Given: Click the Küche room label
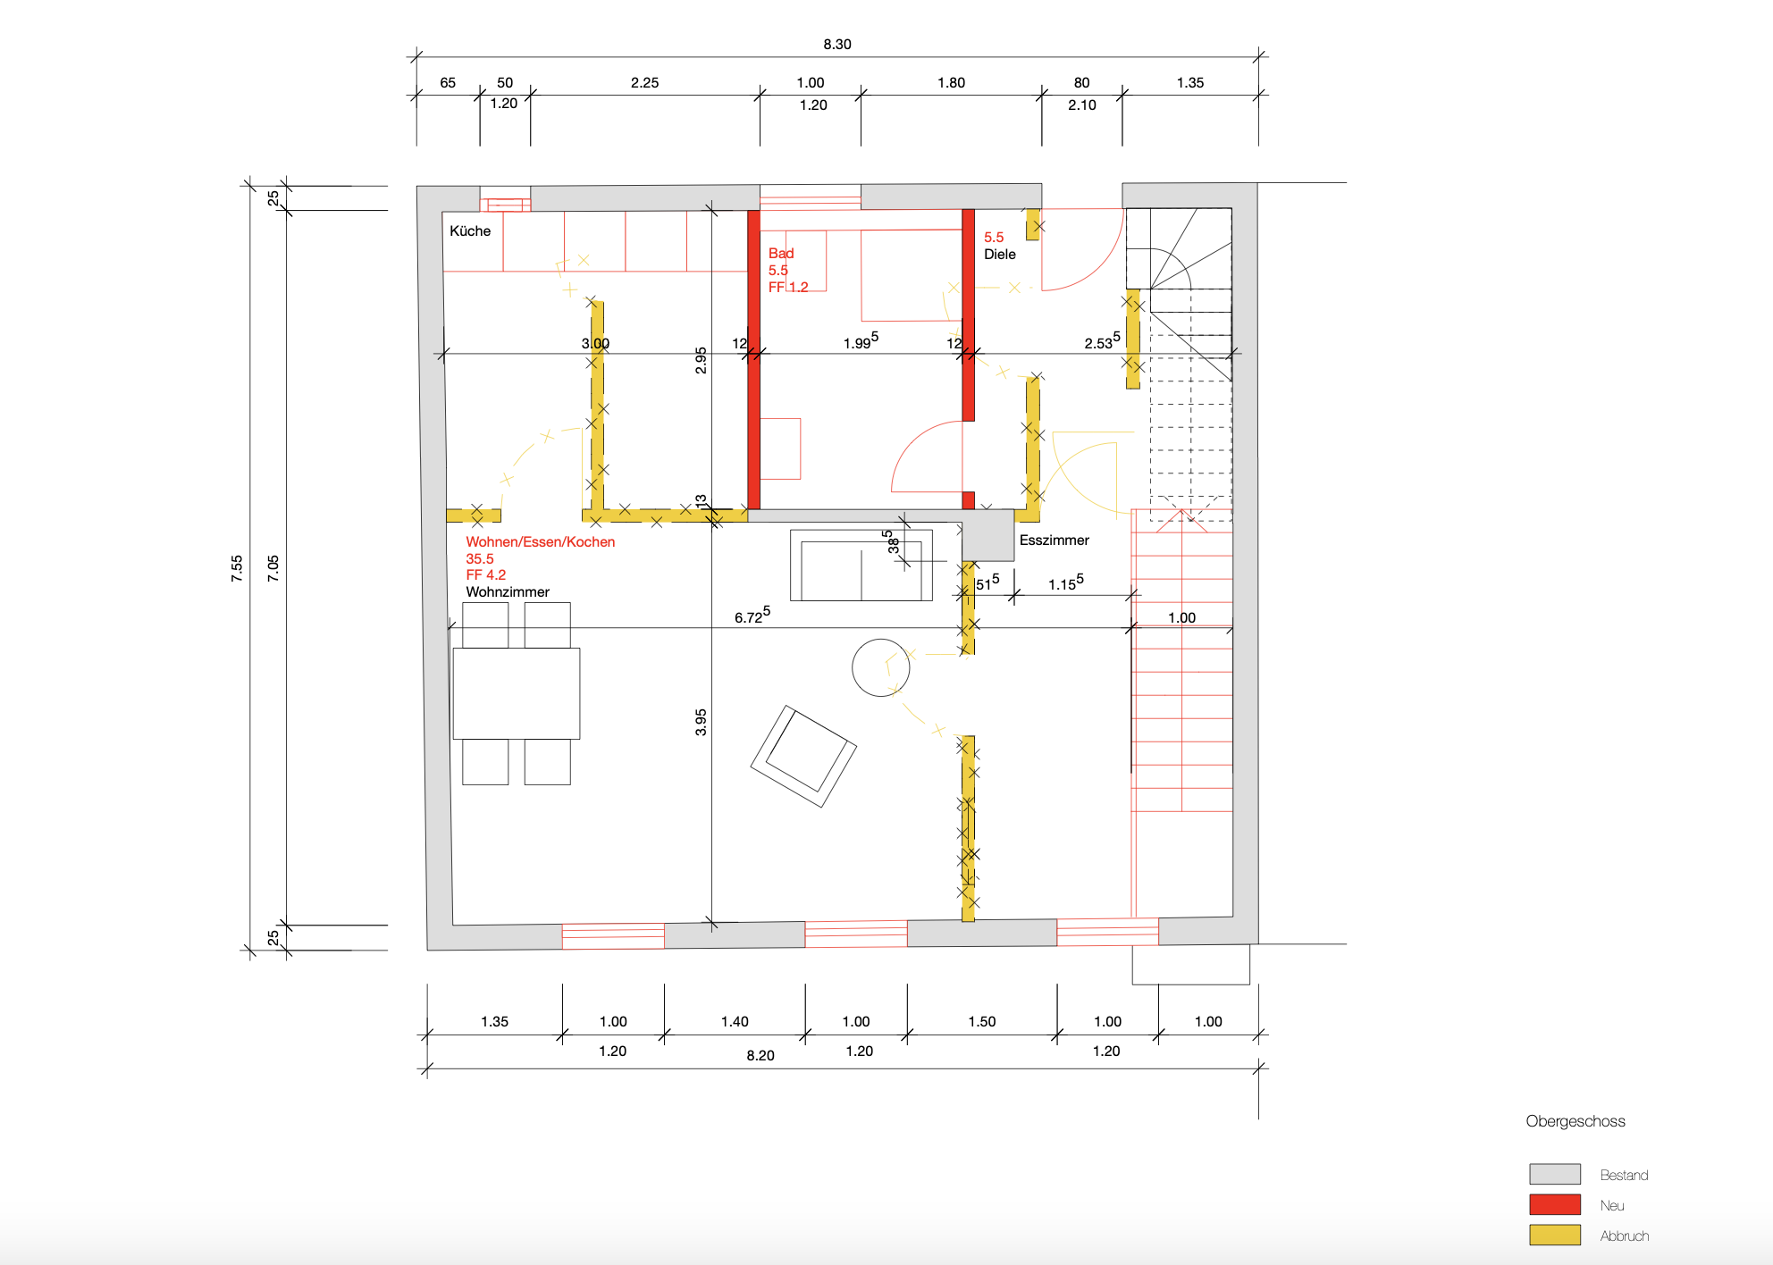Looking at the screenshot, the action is [x=470, y=230].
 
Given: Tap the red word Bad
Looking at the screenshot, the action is [x=781, y=253].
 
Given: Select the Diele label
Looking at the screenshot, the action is [x=1000, y=254].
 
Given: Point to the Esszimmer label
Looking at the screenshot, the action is [x=1055, y=540].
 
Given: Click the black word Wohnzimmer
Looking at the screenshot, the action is [x=508, y=591].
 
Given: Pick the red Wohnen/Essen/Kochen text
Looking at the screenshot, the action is [x=541, y=541].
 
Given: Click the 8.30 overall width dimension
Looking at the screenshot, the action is [x=837, y=44].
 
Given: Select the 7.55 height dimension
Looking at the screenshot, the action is [x=237, y=568].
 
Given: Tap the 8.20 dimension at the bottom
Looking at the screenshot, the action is [x=760, y=1055].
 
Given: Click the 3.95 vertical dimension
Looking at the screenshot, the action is [x=701, y=722].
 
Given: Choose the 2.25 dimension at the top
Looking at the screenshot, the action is [x=644, y=82].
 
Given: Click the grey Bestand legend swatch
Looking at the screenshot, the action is [x=1555, y=1174].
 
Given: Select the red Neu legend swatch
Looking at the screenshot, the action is [x=1555, y=1204].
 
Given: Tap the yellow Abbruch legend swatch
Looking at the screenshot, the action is [x=1555, y=1235].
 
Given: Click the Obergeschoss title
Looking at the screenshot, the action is [x=1576, y=1121].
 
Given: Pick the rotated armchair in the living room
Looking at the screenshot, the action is [x=803, y=756].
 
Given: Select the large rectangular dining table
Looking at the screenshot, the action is [x=517, y=693].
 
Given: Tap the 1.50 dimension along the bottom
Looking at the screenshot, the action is [x=982, y=1021].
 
